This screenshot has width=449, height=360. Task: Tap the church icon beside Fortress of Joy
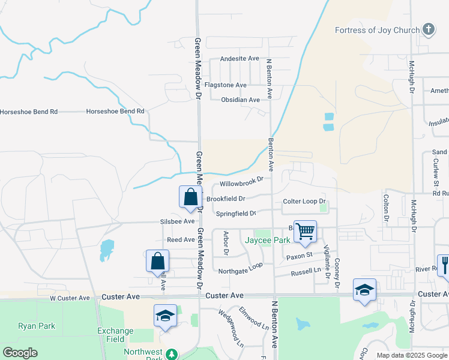click(x=428, y=29)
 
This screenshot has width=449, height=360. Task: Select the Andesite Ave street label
click(x=240, y=59)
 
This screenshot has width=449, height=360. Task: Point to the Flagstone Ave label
click(x=226, y=85)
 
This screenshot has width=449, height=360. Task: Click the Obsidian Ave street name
click(x=240, y=100)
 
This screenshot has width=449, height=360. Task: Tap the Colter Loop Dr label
click(x=304, y=202)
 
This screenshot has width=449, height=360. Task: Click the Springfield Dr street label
click(x=236, y=213)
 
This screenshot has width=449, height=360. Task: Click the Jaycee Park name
click(x=268, y=240)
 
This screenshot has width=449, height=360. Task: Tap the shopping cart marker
click(x=306, y=231)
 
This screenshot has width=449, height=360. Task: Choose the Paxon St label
click(x=300, y=256)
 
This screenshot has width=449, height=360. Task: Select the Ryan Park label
click(x=37, y=326)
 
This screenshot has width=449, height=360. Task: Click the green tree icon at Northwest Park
click(x=172, y=355)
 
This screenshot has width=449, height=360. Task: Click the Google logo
click(x=20, y=353)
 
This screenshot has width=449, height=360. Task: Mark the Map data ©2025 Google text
click(x=411, y=355)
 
